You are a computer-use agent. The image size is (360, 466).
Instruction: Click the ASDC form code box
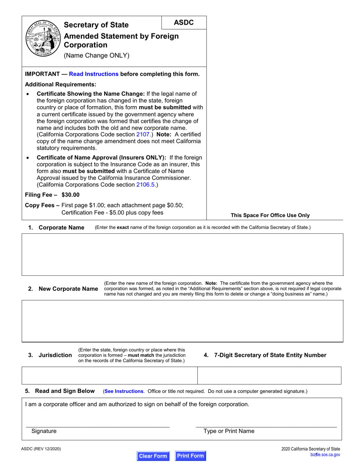click(x=184, y=23)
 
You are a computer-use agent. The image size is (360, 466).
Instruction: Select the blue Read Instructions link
click(x=94, y=74)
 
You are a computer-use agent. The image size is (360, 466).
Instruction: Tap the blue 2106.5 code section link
click(x=146, y=185)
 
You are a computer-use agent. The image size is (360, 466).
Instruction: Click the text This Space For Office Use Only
click(x=270, y=215)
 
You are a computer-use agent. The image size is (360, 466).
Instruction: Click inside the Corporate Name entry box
click(x=182, y=254)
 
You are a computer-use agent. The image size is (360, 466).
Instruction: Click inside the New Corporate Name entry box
click(x=182, y=321)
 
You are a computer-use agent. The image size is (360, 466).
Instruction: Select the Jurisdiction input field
click(x=110, y=375)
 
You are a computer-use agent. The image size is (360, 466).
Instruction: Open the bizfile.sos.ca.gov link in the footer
click(x=325, y=455)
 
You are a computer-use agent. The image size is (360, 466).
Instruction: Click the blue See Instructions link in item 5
click(x=124, y=391)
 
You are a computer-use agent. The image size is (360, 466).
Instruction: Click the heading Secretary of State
click(x=96, y=25)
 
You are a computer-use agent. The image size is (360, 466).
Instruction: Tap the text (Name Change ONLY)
click(x=97, y=56)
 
